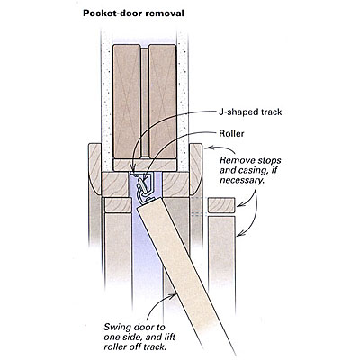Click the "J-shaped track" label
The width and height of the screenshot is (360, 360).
[250, 112]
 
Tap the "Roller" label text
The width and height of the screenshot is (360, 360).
[231, 133]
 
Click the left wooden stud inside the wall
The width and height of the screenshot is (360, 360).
[127, 102]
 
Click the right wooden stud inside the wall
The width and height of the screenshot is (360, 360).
[162, 102]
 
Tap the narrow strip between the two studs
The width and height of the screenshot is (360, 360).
[145, 102]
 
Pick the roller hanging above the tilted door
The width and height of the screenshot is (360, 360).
[142, 185]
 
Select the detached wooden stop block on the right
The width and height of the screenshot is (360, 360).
[221, 205]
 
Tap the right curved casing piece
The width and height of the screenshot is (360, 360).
[195, 169]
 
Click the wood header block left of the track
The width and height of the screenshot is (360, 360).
[115, 184]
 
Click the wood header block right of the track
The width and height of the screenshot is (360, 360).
[175, 184]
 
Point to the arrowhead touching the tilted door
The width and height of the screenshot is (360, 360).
[175, 296]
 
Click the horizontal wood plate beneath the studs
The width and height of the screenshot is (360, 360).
[144, 165]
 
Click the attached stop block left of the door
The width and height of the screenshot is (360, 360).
[118, 205]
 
